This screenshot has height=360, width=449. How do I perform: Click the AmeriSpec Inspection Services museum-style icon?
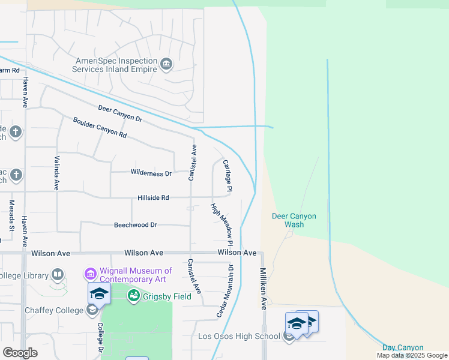click(166, 62)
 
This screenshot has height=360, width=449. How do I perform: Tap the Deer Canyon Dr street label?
click(120, 113)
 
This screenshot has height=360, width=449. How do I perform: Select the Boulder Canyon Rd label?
click(100, 127)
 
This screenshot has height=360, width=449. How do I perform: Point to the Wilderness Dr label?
click(151, 173)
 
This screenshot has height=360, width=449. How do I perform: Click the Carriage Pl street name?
click(228, 175)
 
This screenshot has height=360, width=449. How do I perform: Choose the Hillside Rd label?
click(153, 197)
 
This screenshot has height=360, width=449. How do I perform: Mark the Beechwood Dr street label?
click(135, 225)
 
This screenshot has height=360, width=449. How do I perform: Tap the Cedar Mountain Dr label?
click(224, 291)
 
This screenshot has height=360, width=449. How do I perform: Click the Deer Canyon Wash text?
click(294, 220)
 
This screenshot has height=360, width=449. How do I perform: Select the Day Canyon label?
click(403, 348)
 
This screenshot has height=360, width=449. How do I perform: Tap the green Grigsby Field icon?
click(133, 296)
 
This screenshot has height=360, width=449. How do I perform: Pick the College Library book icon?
click(58, 275)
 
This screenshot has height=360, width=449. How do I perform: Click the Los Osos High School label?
click(239, 336)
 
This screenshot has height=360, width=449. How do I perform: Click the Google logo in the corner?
click(20, 352)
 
